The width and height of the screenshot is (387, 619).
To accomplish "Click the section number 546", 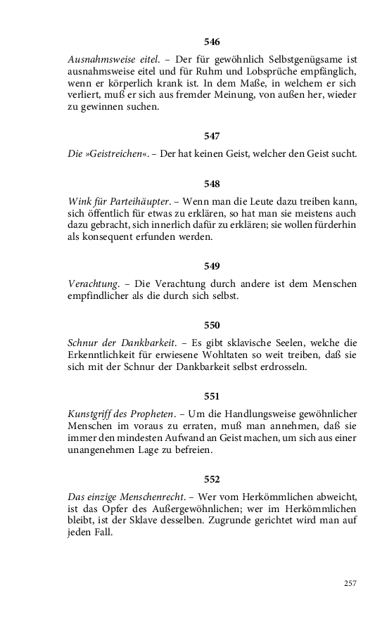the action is coord(212,42).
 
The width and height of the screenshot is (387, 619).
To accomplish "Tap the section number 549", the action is coord(212,266).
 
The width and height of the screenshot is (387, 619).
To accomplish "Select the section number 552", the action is coord(212,479).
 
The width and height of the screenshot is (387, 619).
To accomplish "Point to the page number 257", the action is coord(350,583).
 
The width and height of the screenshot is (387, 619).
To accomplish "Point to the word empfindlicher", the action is coord(101,296).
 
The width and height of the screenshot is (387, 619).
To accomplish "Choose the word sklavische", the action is coord(255,343).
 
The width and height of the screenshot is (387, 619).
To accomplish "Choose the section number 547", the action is coord(212,136).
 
